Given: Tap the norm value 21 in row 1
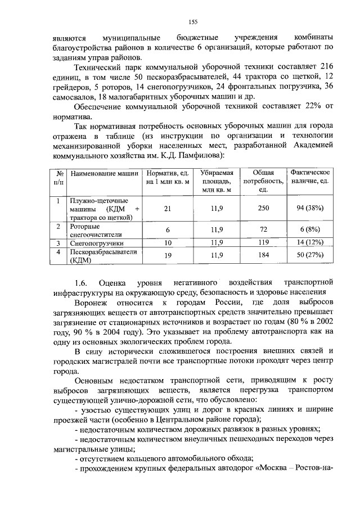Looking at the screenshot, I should [x=167, y=209].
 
